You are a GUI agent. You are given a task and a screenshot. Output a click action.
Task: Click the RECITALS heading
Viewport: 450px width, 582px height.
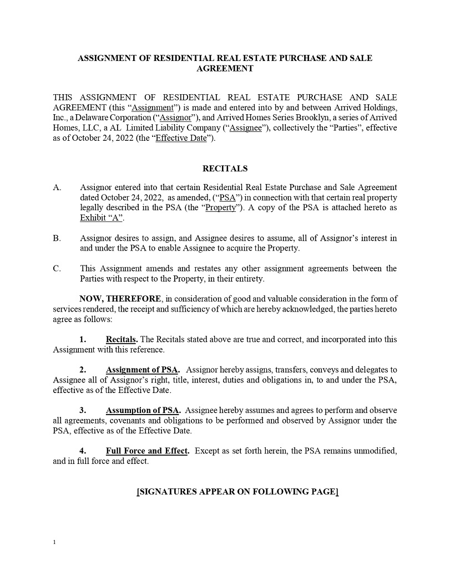225,168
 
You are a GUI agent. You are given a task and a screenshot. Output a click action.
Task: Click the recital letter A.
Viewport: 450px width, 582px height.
57,187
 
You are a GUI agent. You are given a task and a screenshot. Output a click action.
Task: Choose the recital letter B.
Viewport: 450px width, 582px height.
57,238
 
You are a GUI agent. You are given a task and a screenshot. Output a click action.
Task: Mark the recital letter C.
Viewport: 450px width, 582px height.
57,269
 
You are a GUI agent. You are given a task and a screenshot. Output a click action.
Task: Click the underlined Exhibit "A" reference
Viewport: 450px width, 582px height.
101,218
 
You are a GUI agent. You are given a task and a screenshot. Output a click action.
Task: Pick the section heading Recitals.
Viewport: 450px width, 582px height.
122,339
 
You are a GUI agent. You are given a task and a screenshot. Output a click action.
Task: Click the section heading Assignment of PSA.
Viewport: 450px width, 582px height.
143,370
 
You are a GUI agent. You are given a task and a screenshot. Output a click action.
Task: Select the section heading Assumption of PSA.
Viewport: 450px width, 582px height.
143,410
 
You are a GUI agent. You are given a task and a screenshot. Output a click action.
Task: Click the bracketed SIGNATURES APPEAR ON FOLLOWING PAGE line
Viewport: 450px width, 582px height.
237,492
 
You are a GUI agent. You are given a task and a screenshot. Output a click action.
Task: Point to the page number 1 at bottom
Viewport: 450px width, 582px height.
54,543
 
